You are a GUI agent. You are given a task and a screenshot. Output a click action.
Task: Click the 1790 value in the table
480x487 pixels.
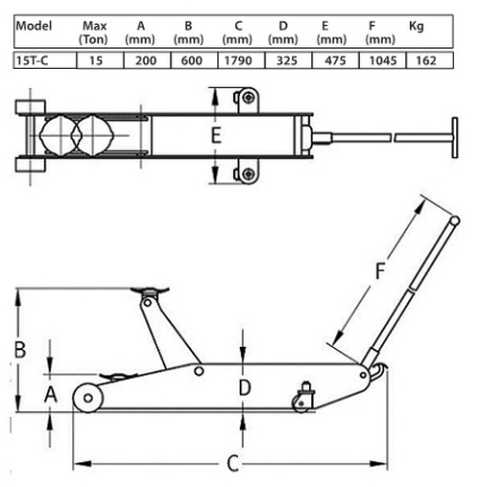[x=238, y=60]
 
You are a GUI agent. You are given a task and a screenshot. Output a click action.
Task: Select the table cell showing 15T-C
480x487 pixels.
[x=45, y=60]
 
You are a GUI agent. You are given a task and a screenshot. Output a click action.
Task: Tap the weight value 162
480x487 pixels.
[x=426, y=60]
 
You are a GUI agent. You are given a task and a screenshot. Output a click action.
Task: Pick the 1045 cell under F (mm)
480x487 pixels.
[x=383, y=60]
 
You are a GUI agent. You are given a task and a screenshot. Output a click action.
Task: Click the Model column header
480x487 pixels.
[x=34, y=26]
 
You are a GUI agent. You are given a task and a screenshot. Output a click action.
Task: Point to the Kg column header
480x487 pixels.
[x=417, y=26]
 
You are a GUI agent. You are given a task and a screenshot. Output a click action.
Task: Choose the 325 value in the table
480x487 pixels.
[x=287, y=60]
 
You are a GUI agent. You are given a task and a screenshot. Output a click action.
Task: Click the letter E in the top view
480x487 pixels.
[x=216, y=135]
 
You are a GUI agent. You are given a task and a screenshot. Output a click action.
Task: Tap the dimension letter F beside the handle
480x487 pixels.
[x=380, y=271]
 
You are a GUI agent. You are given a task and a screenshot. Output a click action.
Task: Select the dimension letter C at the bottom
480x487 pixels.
[x=233, y=463]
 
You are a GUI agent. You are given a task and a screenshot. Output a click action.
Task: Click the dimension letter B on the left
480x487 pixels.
[x=20, y=349]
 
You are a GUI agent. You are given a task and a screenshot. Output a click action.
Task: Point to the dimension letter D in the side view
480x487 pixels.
[x=245, y=388]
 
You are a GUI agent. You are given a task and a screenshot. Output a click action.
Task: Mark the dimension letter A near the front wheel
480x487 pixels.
[x=51, y=394]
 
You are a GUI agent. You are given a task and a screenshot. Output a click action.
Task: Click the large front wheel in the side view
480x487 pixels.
[x=88, y=398]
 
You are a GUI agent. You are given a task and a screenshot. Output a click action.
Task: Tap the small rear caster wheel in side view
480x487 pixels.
[x=301, y=404]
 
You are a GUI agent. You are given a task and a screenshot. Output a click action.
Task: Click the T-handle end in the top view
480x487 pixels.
[x=455, y=137]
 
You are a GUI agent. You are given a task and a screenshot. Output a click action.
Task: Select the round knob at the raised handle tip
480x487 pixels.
[x=455, y=220]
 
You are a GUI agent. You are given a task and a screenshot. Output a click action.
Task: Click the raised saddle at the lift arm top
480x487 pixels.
[x=150, y=290]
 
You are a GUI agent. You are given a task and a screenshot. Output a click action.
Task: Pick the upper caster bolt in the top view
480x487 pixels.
[x=249, y=98]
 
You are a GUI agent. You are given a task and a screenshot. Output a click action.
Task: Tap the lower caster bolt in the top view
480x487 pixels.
[x=249, y=174]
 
